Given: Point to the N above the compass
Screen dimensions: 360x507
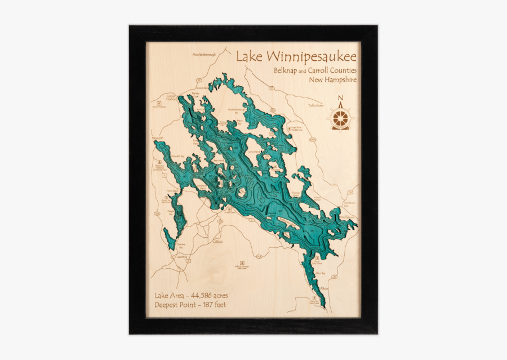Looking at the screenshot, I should tap(340, 100).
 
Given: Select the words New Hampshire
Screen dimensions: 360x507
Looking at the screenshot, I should tap(332, 80).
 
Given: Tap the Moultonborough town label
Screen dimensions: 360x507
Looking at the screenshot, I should tap(204, 55).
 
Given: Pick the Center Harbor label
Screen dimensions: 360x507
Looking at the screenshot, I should tap(171, 98).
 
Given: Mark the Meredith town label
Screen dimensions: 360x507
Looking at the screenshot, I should tap(157, 138).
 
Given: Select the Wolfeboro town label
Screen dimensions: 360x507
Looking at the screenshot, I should tap(346, 217).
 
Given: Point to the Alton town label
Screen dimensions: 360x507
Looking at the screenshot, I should tap(323, 288).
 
